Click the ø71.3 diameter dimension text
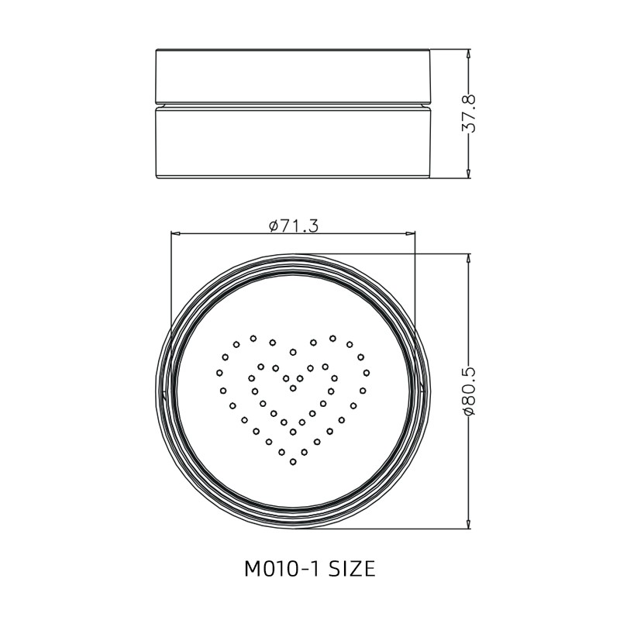(294, 225)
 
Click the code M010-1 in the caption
(281, 570)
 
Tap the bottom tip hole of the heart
(293, 462)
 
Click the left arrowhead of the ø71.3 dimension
(174, 232)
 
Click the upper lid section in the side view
(293, 76)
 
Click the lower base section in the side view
(293, 143)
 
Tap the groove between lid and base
(293, 105)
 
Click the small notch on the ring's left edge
(164, 391)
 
